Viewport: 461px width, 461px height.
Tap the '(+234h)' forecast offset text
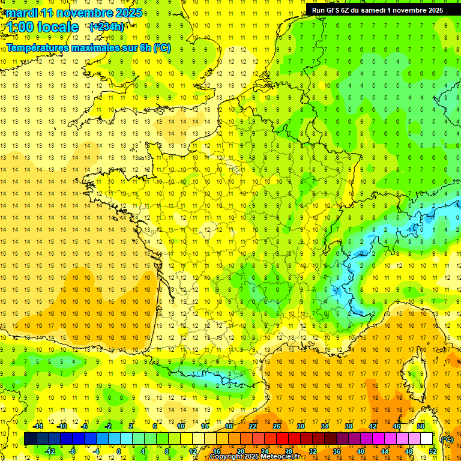pos(107,26)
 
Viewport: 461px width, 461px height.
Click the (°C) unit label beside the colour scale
pos(447,439)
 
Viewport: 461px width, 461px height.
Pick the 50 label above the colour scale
pos(421,426)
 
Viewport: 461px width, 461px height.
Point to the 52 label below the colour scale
pos(433,451)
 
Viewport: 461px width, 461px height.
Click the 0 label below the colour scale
pos(119,451)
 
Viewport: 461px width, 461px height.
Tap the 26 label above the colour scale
pos(277,426)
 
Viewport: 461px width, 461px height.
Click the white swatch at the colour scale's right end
pos(427,439)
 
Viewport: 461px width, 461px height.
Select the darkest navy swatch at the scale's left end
pos(31,439)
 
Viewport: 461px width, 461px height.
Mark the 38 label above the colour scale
pos(349,426)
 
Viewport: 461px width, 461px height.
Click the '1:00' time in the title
pos(19,27)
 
